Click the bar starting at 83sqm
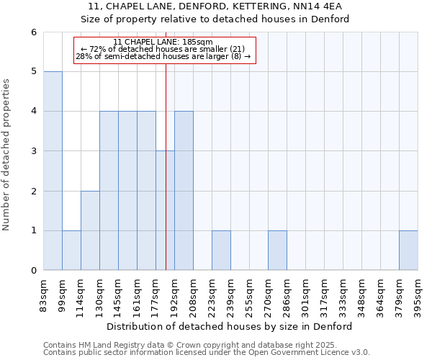click(x=53, y=171)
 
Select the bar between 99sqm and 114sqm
click(x=71, y=251)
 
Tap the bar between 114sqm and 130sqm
click(x=90, y=230)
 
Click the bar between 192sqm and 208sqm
click(x=184, y=191)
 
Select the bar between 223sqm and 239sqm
click(x=221, y=251)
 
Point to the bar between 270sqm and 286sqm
click(x=277, y=251)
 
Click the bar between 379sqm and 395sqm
click(x=408, y=251)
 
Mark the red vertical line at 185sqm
click(x=166, y=144)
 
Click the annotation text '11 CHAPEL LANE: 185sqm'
click(x=163, y=42)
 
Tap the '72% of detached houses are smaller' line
click(x=163, y=49)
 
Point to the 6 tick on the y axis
click(x=33, y=32)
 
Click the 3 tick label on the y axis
click(x=33, y=151)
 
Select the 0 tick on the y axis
click(x=33, y=271)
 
